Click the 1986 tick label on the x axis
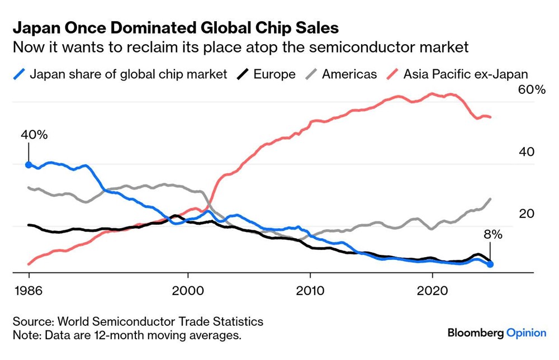click(29, 291)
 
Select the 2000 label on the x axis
click(188, 291)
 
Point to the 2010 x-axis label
click(310, 291)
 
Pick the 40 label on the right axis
click(527, 151)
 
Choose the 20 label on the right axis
click(527, 214)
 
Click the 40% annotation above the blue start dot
click(34, 135)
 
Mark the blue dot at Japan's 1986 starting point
click(29, 165)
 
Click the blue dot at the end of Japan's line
click(490, 264)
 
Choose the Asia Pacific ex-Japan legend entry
click(458, 74)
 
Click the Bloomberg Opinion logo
click(497, 333)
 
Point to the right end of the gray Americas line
click(490, 199)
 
